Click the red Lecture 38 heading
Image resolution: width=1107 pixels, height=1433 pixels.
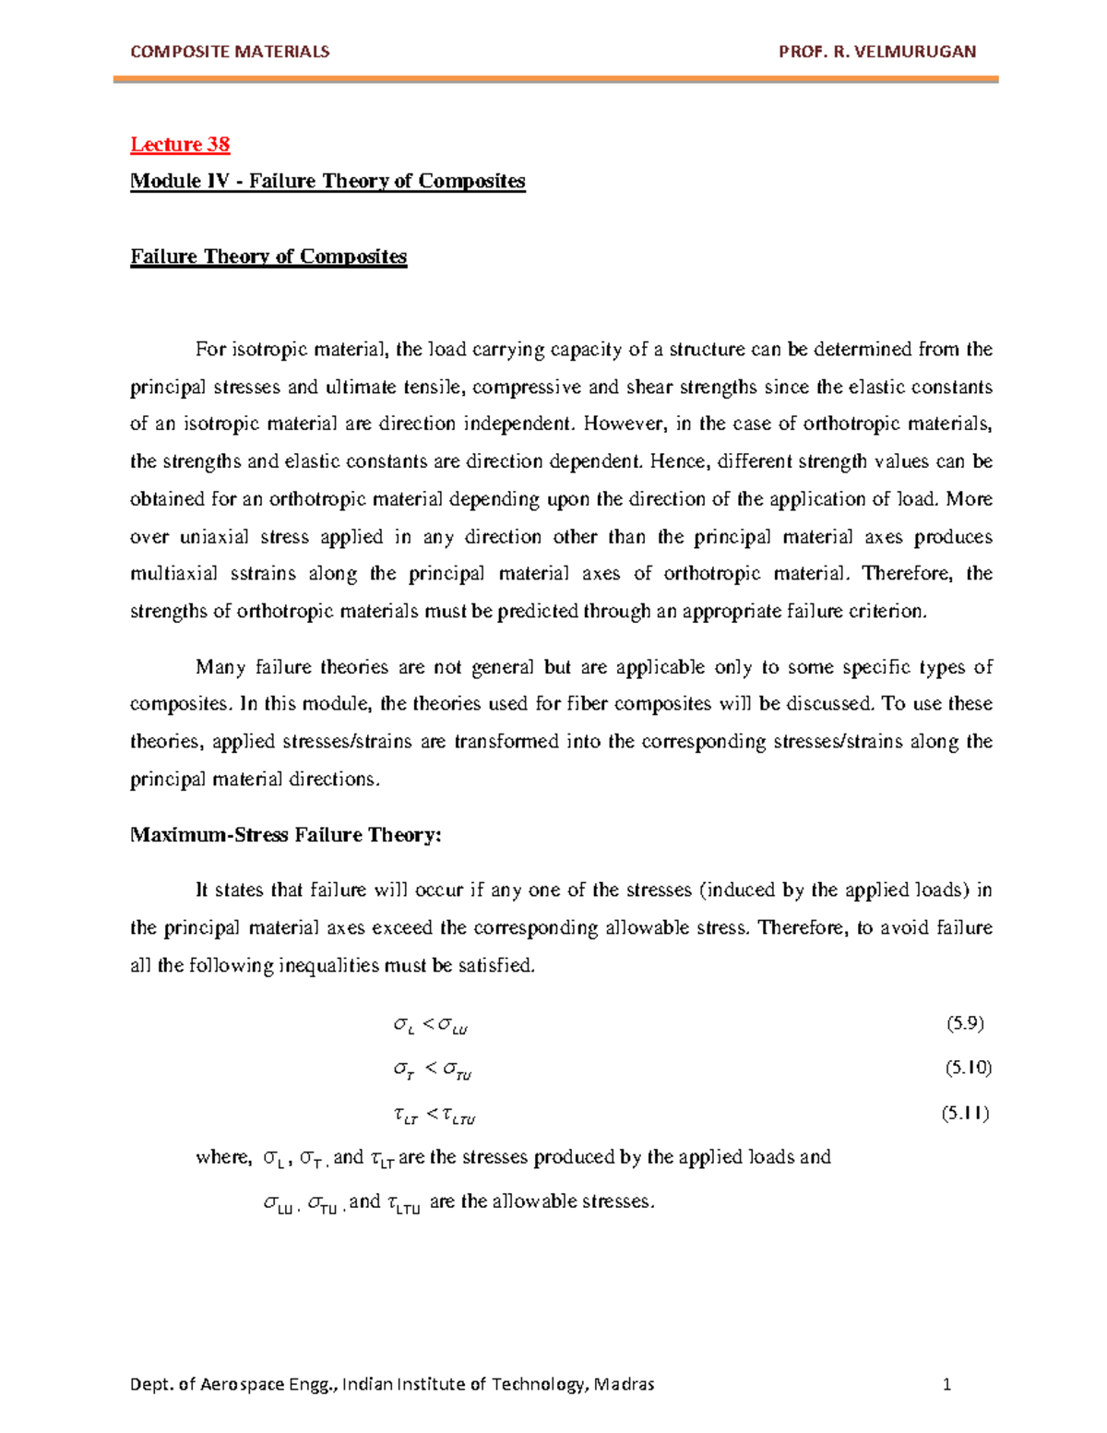[x=180, y=144]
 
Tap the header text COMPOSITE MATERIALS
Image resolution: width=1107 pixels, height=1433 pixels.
[x=230, y=52]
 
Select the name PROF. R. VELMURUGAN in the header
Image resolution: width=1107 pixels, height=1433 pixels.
[x=876, y=52]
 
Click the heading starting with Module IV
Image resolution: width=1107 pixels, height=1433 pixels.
[x=327, y=181]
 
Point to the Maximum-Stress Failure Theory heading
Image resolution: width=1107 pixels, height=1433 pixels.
[x=286, y=835]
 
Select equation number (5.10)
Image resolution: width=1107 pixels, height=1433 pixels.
[x=967, y=1068]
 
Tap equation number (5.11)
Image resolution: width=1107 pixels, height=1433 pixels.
[x=965, y=1113]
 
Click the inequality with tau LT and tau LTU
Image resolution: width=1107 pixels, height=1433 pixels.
[x=434, y=1117]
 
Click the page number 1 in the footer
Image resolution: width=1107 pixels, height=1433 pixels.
[x=946, y=1384]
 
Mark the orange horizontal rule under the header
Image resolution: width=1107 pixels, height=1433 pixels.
[x=555, y=81]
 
